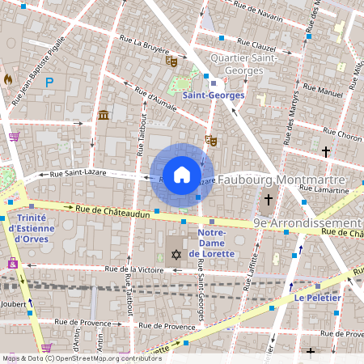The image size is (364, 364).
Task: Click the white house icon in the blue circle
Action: pos(182,175)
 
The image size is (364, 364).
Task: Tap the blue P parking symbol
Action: pos(49,82)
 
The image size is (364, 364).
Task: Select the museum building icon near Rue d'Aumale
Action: pos(103,116)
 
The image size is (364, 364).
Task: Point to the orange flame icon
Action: pos(8,79)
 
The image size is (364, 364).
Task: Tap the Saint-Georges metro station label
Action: pos(213,95)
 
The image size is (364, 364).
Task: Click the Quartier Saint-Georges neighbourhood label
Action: pos(243,64)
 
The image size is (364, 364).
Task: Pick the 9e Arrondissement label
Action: pos(307,222)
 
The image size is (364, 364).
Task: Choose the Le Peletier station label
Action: pos(317,298)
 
